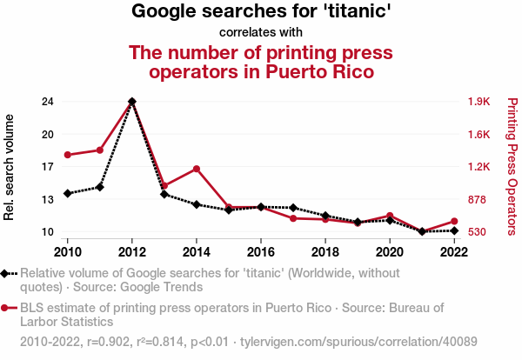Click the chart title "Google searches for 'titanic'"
click(261, 12)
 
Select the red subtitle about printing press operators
click(261, 62)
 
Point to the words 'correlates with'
click(261, 33)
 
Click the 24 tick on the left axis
click(47, 102)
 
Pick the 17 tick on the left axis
click(47, 167)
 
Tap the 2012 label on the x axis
click(131, 252)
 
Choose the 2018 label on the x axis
click(325, 252)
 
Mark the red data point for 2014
click(197, 169)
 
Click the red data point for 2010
click(67, 155)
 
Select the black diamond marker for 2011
click(100, 187)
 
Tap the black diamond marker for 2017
click(293, 208)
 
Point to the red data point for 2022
click(453, 221)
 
